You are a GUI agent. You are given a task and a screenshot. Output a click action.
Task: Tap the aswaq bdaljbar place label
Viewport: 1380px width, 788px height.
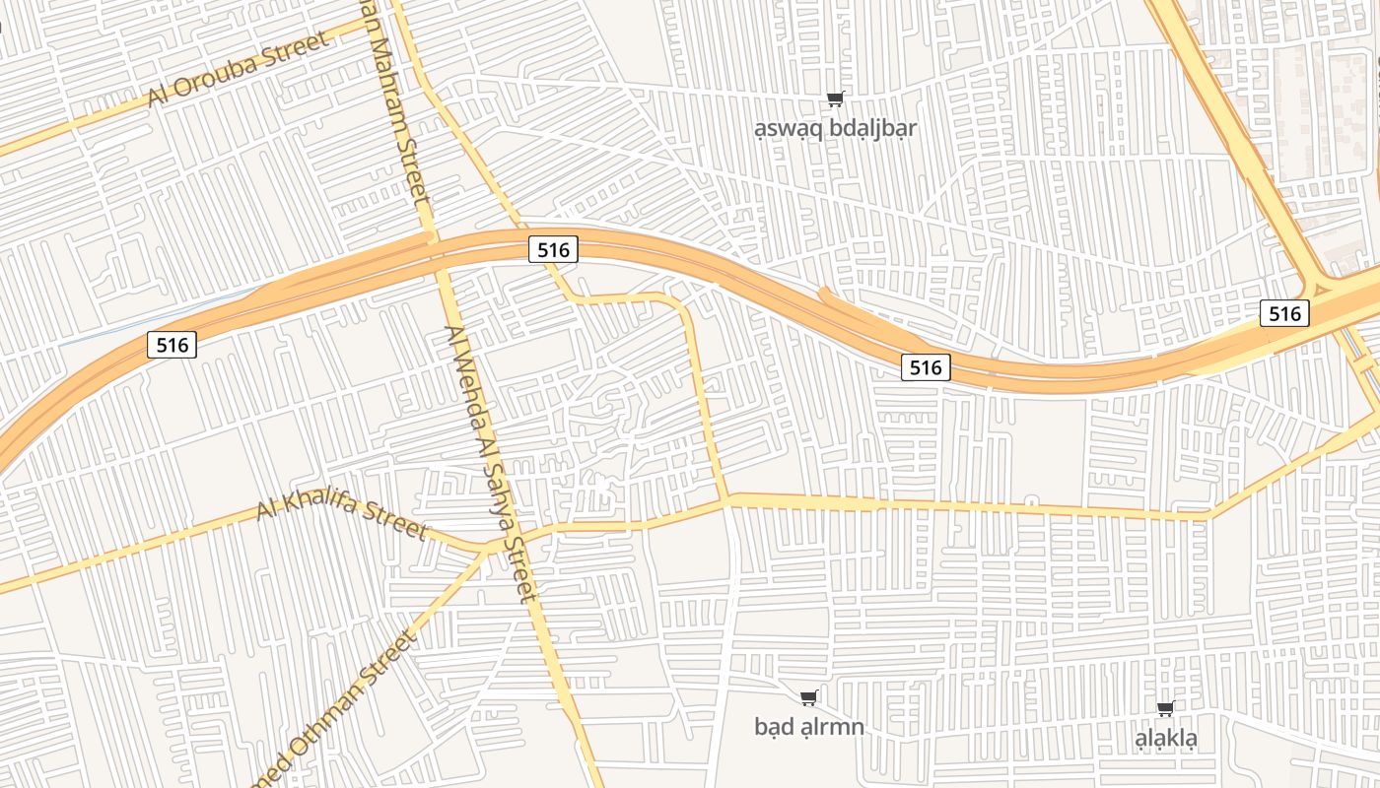click(835, 128)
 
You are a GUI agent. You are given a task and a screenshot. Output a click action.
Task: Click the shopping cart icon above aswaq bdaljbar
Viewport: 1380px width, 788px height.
click(836, 98)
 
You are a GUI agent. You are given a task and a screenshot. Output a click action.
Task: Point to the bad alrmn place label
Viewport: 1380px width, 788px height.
click(808, 727)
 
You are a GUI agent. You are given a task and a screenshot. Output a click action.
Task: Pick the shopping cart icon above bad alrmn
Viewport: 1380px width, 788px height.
click(809, 698)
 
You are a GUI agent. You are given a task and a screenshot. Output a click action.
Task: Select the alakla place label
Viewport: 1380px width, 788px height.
click(1166, 738)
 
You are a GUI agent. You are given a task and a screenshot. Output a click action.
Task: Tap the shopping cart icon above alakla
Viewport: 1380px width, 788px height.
click(1166, 708)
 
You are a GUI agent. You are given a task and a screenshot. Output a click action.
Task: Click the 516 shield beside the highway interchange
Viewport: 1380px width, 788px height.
click(1285, 314)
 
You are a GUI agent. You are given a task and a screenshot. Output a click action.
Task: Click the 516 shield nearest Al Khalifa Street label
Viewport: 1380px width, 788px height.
click(172, 345)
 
